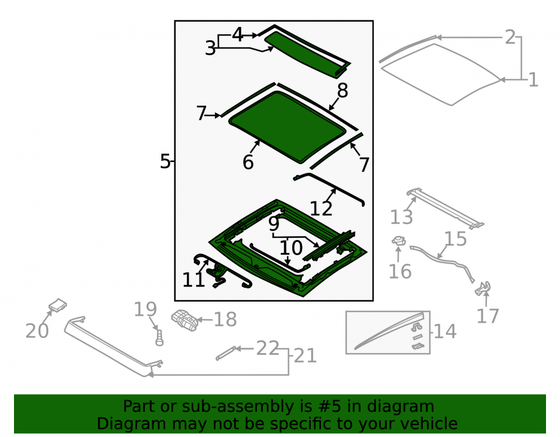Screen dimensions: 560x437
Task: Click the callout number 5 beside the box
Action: coord(165,161)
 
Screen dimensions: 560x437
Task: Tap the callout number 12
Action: coord(321,209)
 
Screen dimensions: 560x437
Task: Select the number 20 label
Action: coord(37,331)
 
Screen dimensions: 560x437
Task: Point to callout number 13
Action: coord(402,217)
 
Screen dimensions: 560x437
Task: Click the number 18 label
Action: coord(225,319)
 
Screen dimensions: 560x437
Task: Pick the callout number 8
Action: coord(343,91)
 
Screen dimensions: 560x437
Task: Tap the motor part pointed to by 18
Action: coord(185,320)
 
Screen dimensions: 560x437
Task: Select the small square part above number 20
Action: coord(58,305)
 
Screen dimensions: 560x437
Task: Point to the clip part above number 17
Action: coord(483,288)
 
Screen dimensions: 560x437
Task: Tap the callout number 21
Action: coord(305,356)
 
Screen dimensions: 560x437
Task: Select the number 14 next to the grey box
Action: coord(445,331)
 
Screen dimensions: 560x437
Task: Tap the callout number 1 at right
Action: coord(533,79)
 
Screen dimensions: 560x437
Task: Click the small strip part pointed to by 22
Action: coord(226,353)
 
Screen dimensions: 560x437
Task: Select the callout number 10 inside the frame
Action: coord(291,248)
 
